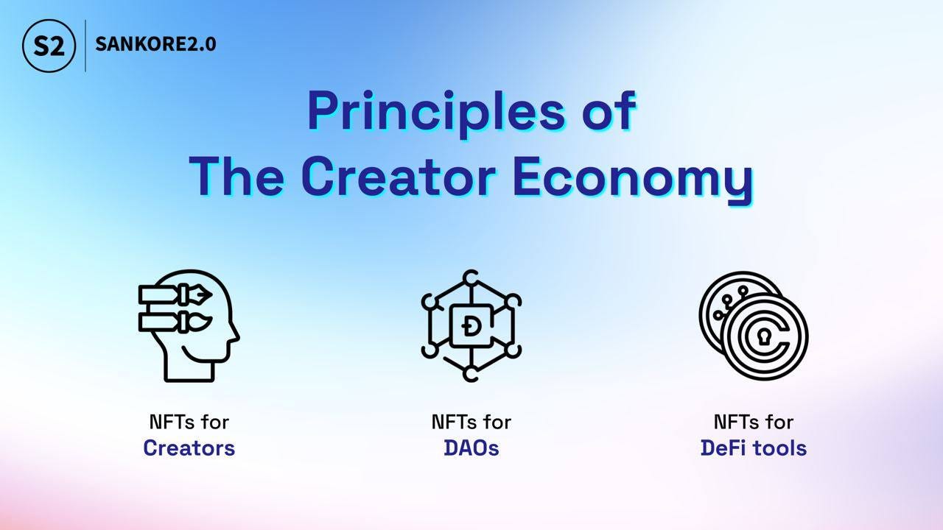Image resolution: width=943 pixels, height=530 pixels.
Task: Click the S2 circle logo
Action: click(49, 46)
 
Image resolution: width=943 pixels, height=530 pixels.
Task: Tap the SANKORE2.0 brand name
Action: click(155, 44)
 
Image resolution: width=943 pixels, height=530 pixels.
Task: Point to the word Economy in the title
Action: click(633, 180)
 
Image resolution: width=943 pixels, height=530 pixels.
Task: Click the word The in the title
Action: click(236, 176)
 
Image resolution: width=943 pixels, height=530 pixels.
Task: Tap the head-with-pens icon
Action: click(189, 326)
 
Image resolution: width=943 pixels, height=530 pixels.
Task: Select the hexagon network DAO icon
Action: click(471, 326)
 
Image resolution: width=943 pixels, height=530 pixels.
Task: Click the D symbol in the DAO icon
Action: click(469, 326)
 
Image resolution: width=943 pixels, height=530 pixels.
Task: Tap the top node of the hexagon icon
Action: click(471, 278)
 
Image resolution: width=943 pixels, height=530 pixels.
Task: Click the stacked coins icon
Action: click(754, 326)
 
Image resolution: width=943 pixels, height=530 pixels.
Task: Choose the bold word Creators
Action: click(189, 448)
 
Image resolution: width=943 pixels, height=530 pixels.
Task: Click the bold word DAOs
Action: click(471, 448)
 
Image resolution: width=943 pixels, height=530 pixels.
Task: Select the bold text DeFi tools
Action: click(754, 448)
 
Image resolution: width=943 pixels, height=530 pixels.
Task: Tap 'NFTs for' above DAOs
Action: click(471, 422)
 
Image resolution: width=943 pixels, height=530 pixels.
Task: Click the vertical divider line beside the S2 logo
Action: click(85, 46)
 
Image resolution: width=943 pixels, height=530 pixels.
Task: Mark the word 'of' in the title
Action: click(609, 110)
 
